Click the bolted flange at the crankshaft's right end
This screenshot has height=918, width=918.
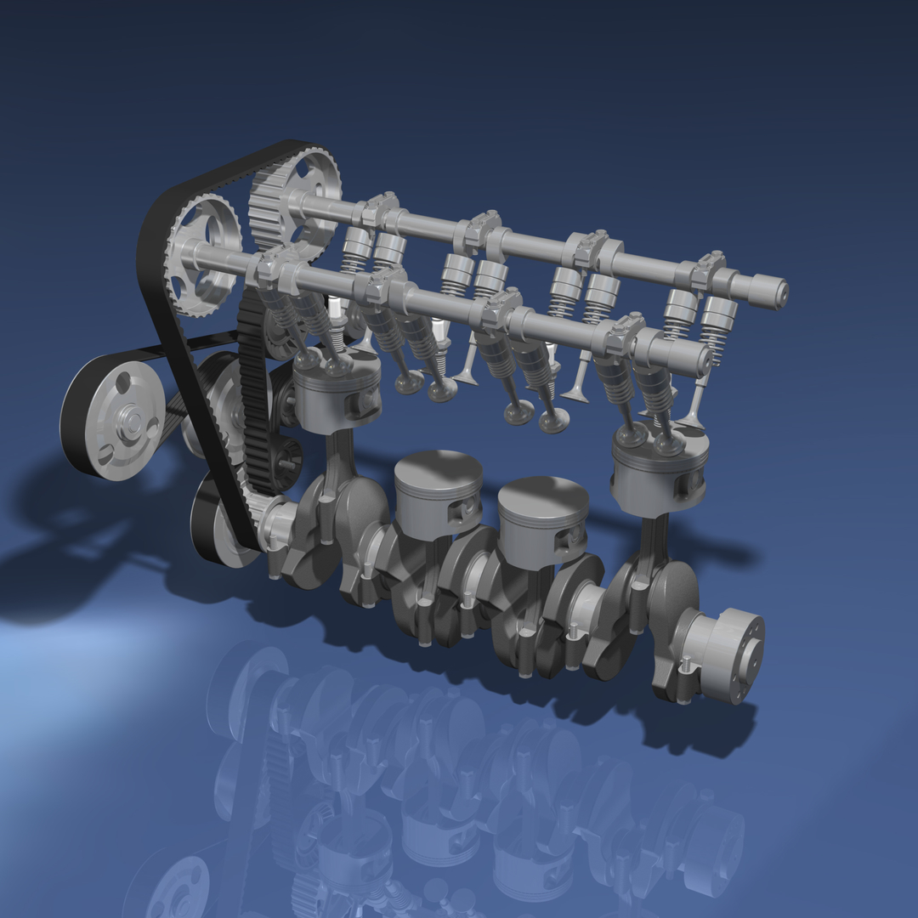[x=731, y=654]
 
